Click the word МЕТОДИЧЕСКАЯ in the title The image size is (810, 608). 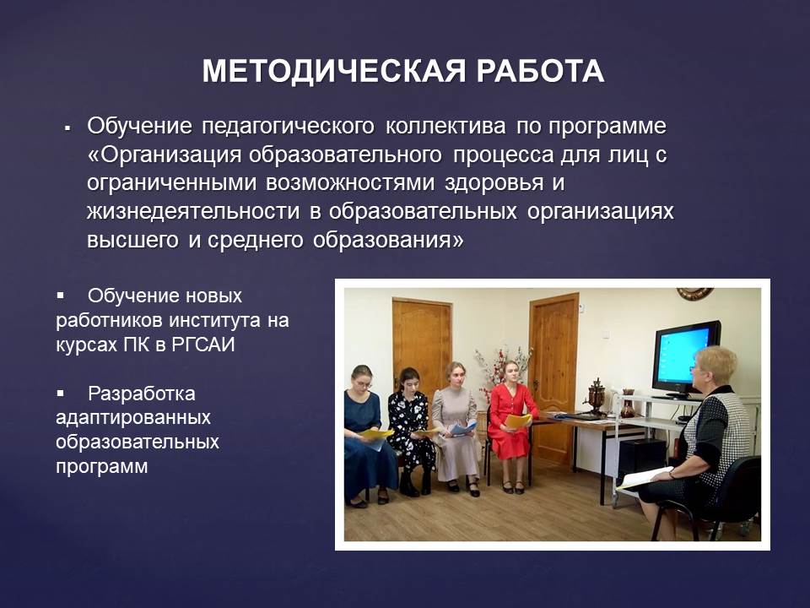[x=334, y=71]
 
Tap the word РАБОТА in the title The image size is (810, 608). [x=540, y=71]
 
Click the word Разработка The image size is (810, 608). [x=142, y=394]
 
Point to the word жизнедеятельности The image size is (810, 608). [x=193, y=211]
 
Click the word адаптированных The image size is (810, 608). [x=133, y=418]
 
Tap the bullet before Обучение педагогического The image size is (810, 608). [x=67, y=128]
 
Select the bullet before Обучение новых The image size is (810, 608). [x=61, y=296]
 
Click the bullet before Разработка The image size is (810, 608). [x=61, y=394]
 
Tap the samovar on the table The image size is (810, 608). [x=597, y=396]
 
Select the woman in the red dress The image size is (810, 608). [x=510, y=426]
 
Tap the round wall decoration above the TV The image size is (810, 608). [x=695, y=294]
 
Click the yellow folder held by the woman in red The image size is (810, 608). [x=518, y=421]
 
